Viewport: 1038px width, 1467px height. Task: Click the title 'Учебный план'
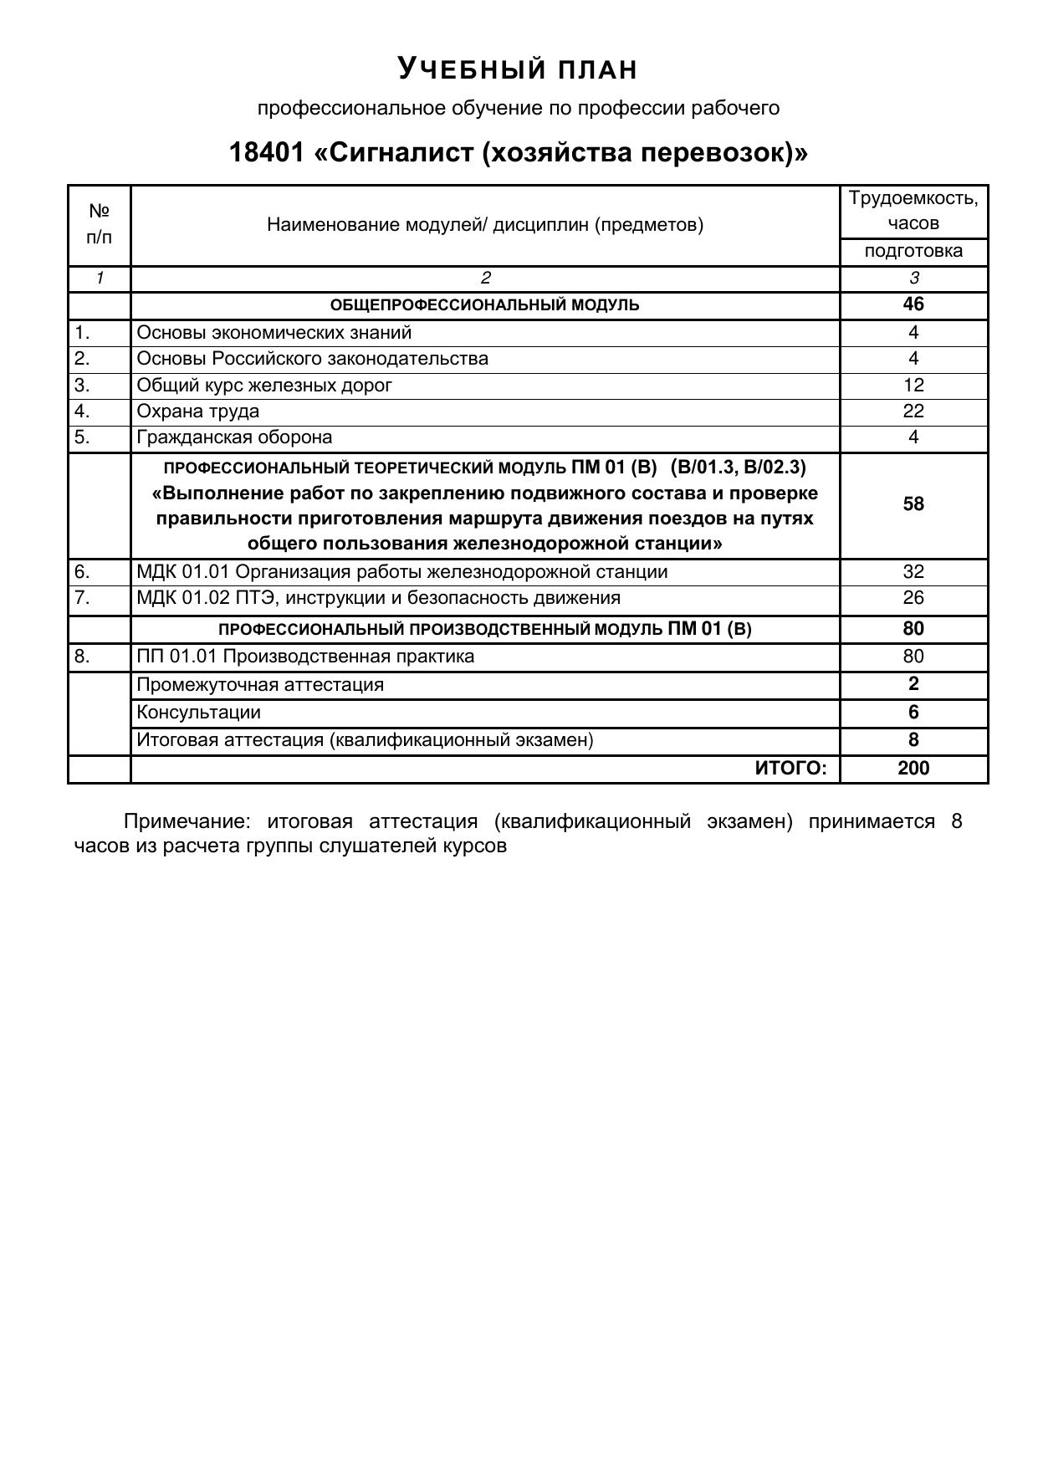[518, 69]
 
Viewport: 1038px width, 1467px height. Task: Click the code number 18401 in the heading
[265, 153]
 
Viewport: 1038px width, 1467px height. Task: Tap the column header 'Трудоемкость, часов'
[913, 211]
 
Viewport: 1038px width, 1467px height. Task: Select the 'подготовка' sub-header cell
[913, 251]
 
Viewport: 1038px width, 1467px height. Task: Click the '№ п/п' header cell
[99, 224]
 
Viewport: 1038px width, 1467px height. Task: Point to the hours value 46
[913, 304]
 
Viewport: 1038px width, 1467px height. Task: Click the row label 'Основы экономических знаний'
[274, 333]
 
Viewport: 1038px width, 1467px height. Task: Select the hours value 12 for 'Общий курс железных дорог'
[913, 385]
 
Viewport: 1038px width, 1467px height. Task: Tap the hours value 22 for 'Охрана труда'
[913, 411]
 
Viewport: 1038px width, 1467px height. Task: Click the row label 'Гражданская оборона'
[234, 437]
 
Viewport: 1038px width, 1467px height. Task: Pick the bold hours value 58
[913, 504]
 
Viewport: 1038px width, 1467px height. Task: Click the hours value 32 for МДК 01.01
[913, 572]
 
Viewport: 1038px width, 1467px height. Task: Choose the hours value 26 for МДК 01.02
[913, 598]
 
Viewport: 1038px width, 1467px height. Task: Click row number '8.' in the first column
[82, 657]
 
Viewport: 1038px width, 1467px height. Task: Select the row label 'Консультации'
[199, 713]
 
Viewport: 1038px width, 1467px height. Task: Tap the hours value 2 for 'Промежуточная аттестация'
[913, 684]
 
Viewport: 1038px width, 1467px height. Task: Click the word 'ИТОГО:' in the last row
[790, 769]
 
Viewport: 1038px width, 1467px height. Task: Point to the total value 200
[913, 769]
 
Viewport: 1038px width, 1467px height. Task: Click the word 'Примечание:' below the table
[187, 821]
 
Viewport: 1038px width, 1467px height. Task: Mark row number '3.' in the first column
[82, 385]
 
